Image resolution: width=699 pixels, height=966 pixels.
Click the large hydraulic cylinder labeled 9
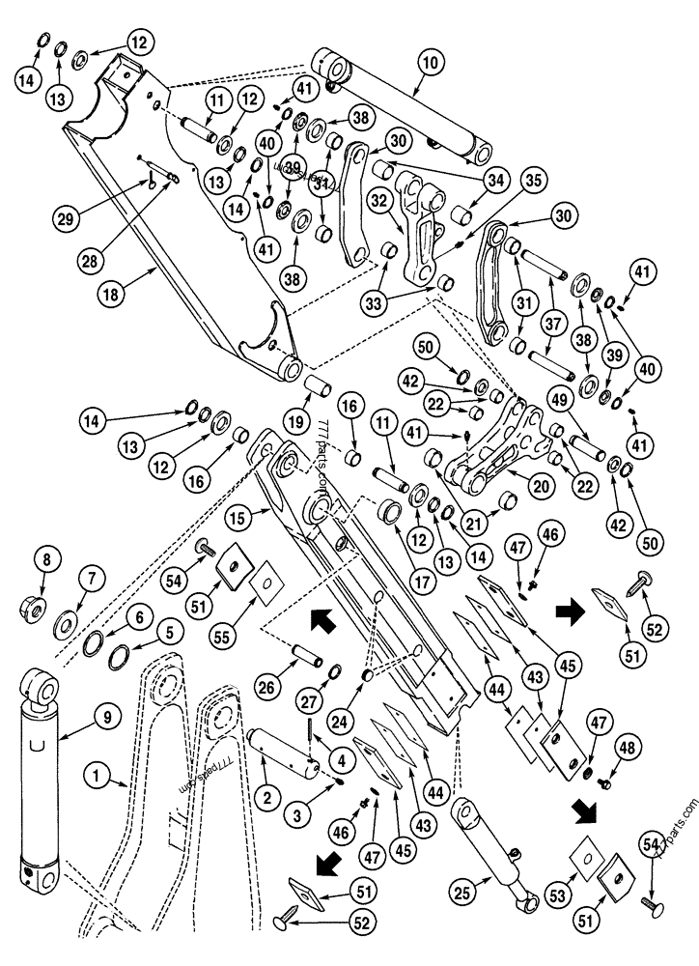(42, 773)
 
